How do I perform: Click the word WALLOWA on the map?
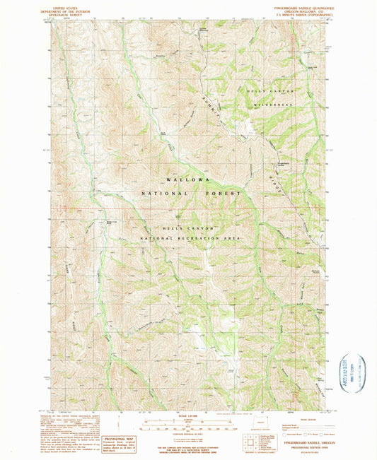click(x=188, y=180)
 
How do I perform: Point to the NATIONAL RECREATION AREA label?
click(x=188, y=240)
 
